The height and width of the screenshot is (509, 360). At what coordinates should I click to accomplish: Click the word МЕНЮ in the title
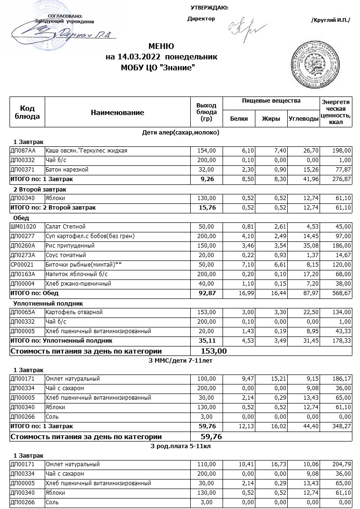click(x=161, y=47)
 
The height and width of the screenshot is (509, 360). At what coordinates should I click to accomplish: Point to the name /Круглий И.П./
click(x=330, y=20)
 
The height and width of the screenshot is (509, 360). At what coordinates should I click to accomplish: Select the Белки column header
click(x=239, y=119)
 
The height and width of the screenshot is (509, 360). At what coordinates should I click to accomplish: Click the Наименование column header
click(x=117, y=113)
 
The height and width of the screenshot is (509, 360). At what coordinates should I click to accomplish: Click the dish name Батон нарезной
click(x=67, y=170)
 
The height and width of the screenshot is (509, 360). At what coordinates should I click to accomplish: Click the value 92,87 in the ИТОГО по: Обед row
click(x=206, y=293)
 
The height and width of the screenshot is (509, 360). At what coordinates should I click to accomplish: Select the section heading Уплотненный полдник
click(x=49, y=303)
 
